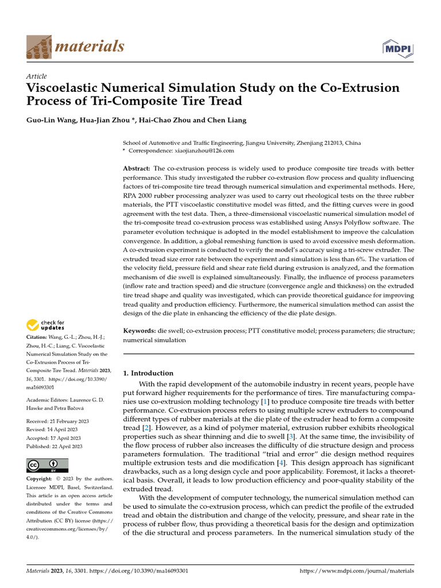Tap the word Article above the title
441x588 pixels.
tap(37, 76)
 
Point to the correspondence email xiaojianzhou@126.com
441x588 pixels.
tap(204, 150)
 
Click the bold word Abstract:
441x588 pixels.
tap(137, 168)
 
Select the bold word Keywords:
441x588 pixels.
tap(140, 331)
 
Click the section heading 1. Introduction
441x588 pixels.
tap(148, 373)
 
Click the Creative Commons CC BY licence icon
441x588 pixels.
tap(47, 465)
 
